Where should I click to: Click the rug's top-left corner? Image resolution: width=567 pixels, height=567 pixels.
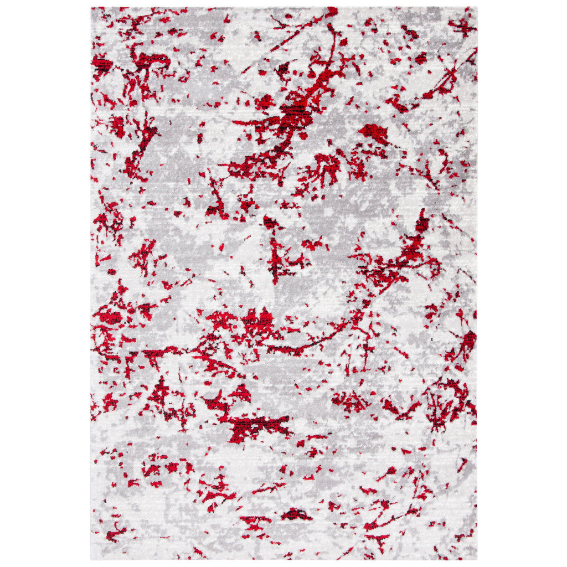(92, 8)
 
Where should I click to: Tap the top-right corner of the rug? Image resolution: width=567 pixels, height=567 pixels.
(476, 8)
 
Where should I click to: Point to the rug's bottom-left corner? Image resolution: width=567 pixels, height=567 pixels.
(92, 559)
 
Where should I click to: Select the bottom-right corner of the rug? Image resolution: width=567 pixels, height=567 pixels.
(476, 559)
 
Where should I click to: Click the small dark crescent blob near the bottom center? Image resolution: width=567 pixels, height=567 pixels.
(296, 514)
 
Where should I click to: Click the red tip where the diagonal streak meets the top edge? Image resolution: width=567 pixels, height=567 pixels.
(332, 11)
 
